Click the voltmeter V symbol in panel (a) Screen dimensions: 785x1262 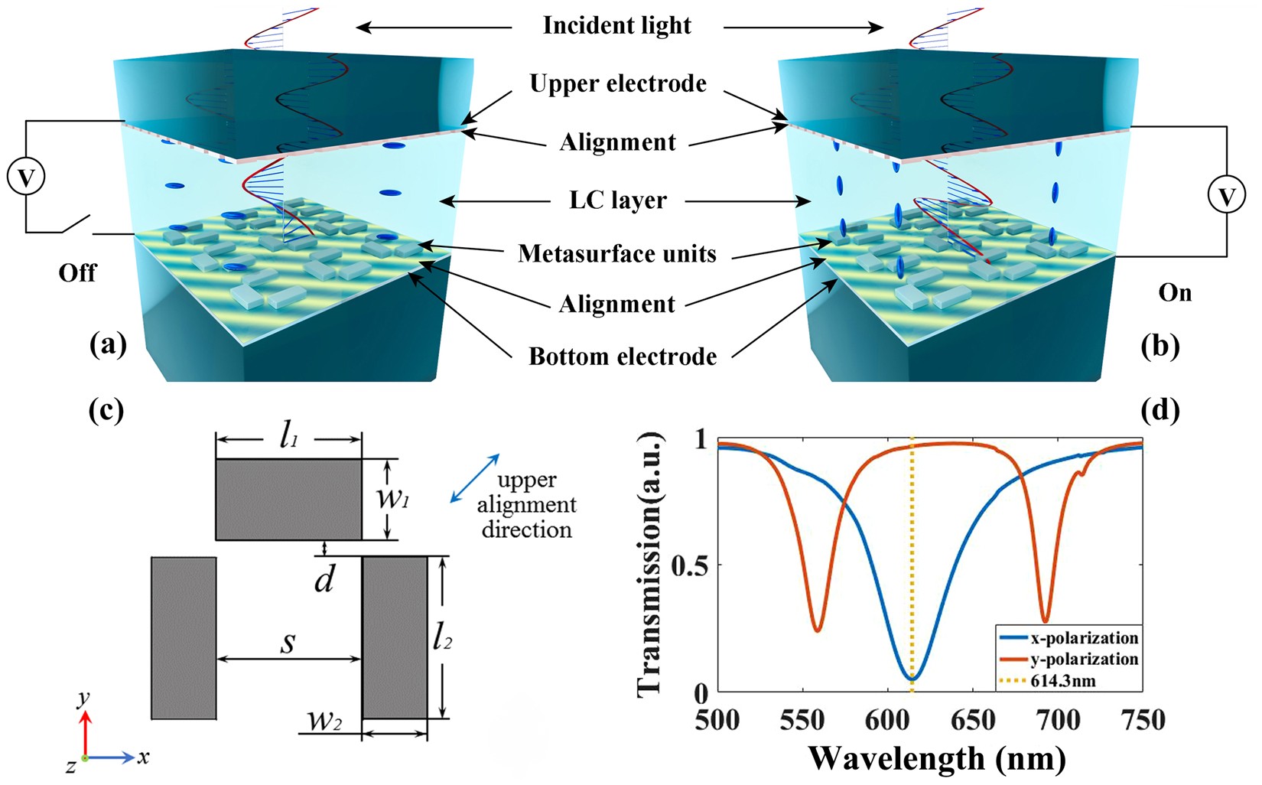click(26, 178)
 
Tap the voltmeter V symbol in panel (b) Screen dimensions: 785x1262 click(1226, 197)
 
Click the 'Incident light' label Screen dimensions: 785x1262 click(616, 26)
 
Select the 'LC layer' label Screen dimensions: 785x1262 click(618, 200)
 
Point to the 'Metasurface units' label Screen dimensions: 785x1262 click(616, 253)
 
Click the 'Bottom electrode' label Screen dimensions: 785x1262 click(623, 357)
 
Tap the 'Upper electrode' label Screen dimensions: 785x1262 click(618, 83)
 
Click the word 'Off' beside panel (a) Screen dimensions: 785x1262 click(77, 273)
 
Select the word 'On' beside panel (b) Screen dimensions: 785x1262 click(1175, 293)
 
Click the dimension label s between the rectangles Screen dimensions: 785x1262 click(288, 643)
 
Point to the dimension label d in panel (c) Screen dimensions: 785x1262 click(324, 581)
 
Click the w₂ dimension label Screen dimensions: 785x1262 click(324, 721)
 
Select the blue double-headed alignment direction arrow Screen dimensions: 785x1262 click(475, 478)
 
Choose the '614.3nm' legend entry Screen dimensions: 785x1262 click(1062, 680)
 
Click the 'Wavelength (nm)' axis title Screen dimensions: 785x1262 click(936, 758)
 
